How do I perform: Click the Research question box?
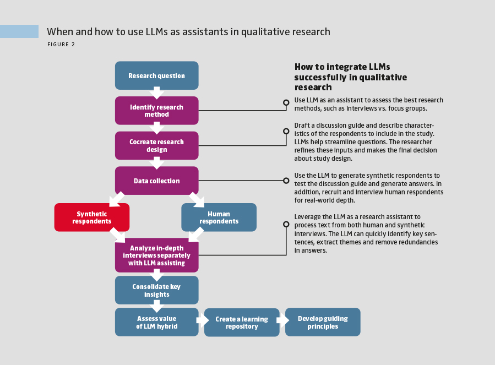[156, 76]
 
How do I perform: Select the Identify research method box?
[156, 111]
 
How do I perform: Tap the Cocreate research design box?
[156, 145]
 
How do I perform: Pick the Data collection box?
[156, 181]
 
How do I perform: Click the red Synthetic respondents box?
[92, 217]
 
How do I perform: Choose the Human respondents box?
[219, 217]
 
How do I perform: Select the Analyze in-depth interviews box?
[156, 255]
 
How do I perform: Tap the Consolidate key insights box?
[156, 290]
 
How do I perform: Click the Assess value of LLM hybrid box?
[156, 322]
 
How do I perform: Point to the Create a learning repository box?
[242, 323]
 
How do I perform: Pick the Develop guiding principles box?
[323, 322]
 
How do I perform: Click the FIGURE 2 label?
[61, 45]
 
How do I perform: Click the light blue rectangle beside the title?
[19, 31]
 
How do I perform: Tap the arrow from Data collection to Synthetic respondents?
[116, 199]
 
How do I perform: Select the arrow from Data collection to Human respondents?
[197, 199]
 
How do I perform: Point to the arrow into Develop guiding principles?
[282, 320]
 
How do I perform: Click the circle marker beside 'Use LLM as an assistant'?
[286, 102]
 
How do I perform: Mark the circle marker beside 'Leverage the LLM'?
[286, 224]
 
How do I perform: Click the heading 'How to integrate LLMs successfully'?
[350, 77]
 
